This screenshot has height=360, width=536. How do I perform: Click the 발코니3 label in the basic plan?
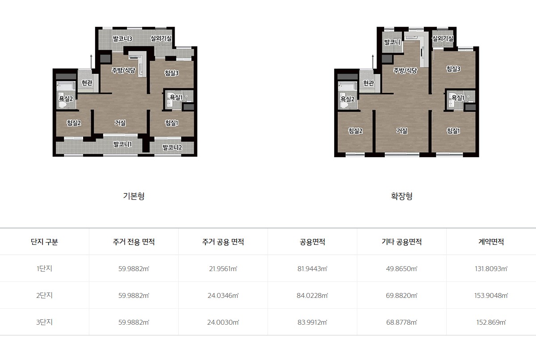[122, 38]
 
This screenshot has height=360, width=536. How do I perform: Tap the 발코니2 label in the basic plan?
[172, 147]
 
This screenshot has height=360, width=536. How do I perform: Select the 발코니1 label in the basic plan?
[122, 144]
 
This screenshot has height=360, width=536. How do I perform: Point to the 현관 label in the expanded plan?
[368, 83]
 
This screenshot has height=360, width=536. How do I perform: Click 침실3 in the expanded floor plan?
[453, 69]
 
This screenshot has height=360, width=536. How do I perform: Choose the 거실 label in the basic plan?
[120, 123]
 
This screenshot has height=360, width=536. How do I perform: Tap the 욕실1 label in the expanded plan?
[458, 98]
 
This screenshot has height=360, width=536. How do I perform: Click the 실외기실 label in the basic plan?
[161, 38]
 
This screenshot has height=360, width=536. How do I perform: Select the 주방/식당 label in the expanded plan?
[405, 71]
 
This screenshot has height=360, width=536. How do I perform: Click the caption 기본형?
[134, 196]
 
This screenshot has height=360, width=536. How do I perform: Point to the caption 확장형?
[402, 196]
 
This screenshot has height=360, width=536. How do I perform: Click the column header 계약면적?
[491, 242]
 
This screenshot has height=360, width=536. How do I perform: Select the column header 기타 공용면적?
[402, 242]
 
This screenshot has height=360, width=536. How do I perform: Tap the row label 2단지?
[45, 295]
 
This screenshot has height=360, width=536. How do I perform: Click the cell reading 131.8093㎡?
[491, 268]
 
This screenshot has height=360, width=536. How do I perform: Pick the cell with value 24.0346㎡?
[223, 295]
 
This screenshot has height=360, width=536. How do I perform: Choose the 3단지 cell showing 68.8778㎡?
[402, 322]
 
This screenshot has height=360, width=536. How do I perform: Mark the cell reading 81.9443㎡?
[312, 268]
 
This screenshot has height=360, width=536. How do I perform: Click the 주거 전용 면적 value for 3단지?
[134, 322]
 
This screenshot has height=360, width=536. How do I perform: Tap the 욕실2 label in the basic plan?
[66, 99]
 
